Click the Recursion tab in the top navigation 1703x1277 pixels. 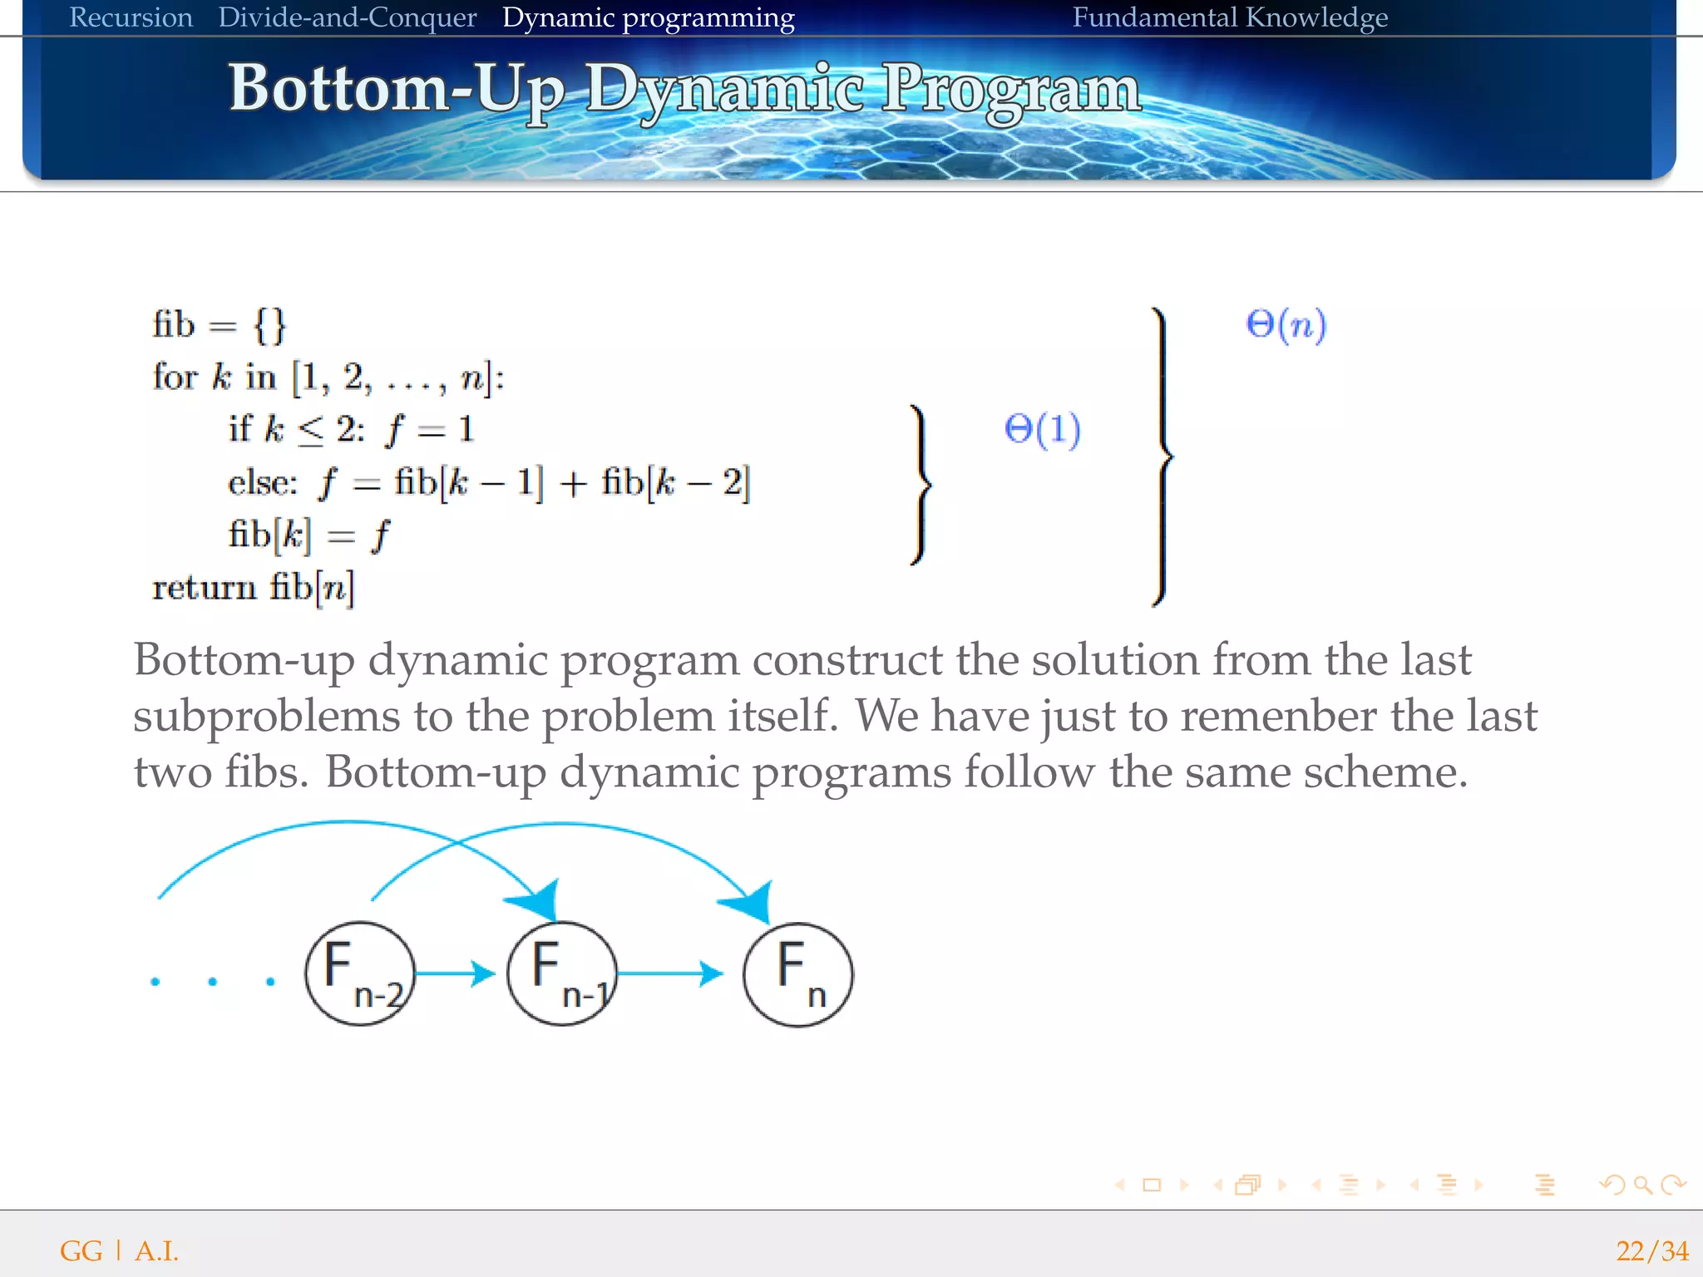131,17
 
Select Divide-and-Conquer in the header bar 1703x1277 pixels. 347,17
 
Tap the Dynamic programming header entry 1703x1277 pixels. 648,17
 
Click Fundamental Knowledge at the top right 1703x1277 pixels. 1230,17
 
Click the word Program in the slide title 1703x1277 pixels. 1011,90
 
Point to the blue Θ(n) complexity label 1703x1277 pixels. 1286,324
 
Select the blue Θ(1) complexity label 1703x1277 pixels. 1042,429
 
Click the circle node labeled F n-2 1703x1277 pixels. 359,974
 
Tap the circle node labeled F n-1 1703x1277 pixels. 562,974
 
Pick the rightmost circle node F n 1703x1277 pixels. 797,974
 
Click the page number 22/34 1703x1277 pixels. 1651,1251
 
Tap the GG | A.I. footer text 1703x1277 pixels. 119,1251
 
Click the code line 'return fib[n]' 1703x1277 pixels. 253,588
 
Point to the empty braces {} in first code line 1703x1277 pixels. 270,324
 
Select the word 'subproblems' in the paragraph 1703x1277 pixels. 266,717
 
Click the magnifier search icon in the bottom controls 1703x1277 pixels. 1642,1185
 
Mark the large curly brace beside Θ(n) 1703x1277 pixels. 1163,456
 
